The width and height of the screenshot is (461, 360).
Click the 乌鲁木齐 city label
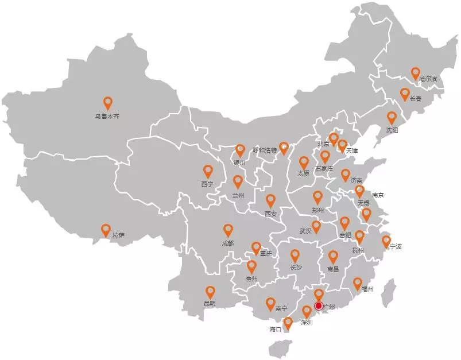pos(107,117)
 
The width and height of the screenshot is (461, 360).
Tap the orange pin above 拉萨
pos(106,230)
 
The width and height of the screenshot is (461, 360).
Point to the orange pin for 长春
pos(405,94)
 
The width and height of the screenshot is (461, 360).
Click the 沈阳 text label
pos(392,130)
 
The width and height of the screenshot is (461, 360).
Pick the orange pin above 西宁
pos(208,171)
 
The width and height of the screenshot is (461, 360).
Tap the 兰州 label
pos(238,195)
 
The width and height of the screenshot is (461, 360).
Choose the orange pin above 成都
pos(228,230)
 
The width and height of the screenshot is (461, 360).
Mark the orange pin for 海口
pos(288,323)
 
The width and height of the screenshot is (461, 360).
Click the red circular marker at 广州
pos(319,306)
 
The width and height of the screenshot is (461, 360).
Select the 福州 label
pos(367,289)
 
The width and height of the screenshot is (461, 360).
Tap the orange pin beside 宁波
pos(386,242)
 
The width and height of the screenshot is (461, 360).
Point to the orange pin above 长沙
pos(295,256)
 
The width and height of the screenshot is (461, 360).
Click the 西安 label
pos(270,214)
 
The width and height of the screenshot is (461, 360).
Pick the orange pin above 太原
pos(304,163)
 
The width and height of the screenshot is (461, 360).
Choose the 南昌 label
pos(333,269)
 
